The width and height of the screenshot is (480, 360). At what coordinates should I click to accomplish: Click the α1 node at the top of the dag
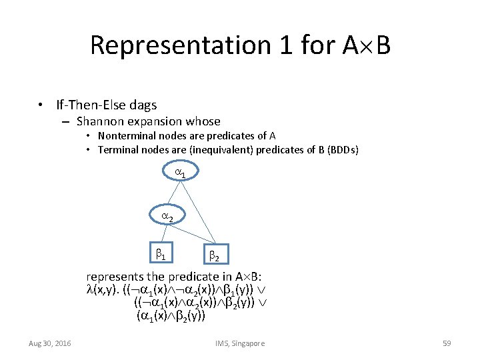(x=180, y=172)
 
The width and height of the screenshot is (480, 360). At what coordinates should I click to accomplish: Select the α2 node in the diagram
(x=167, y=217)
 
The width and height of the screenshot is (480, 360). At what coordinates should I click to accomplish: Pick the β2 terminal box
(x=214, y=255)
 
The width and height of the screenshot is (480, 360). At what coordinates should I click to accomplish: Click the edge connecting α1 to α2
(x=175, y=194)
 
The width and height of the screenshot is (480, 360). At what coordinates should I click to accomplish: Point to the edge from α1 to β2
(x=199, y=213)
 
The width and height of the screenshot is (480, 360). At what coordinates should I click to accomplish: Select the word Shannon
(x=99, y=121)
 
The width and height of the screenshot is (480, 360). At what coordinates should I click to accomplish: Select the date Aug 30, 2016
(x=50, y=343)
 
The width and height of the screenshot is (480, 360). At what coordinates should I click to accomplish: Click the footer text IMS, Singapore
(x=240, y=343)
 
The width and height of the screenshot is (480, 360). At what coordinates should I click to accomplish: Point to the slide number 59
(x=447, y=343)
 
